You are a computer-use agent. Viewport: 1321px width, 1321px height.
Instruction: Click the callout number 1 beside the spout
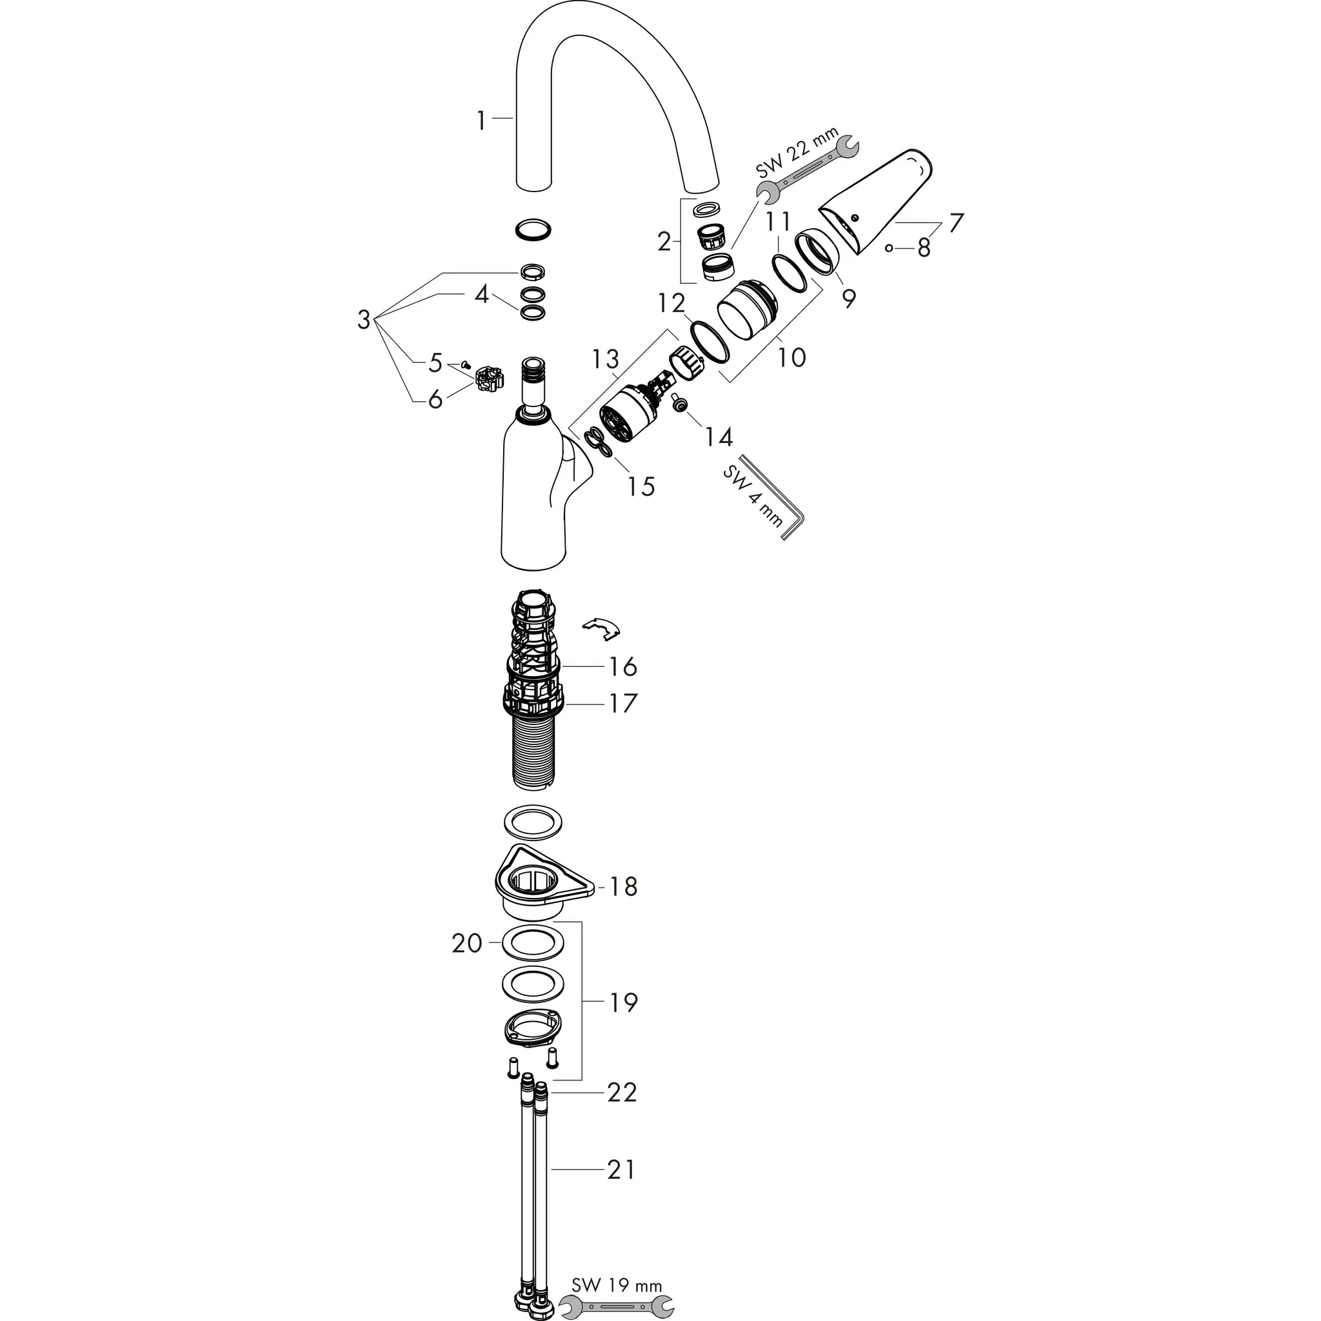click(481, 121)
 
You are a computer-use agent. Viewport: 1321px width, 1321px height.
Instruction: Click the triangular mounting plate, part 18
click(542, 882)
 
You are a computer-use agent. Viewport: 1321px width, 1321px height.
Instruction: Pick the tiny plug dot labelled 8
click(888, 248)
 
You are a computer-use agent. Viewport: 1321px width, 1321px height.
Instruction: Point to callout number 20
click(467, 944)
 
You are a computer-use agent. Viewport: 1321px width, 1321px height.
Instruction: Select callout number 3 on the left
click(364, 319)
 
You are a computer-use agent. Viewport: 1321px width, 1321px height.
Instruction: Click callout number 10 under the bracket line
click(792, 356)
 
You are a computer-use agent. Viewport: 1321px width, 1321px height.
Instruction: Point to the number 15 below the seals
click(641, 486)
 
